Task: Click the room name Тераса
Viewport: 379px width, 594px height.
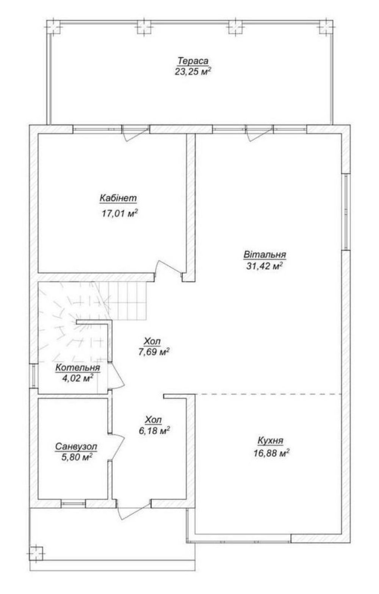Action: click(x=193, y=61)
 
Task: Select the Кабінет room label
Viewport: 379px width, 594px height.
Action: click(x=118, y=198)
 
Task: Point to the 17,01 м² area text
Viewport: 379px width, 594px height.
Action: click(x=120, y=213)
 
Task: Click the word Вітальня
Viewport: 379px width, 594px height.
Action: click(x=265, y=254)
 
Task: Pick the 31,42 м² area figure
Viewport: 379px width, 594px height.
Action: click(x=264, y=266)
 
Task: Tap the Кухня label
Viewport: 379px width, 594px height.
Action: click(x=271, y=441)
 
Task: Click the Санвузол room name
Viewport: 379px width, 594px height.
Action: click(x=76, y=447)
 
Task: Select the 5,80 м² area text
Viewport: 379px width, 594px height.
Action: click(x=77, y=457)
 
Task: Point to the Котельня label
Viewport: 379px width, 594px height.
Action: click(x=77, y=368)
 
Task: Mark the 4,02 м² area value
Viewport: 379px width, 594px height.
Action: click(x=77, y=378)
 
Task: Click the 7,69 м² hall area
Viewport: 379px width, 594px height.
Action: click(x=154, y=352)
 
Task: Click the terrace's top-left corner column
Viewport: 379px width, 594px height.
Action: click(x=54, y=27)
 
